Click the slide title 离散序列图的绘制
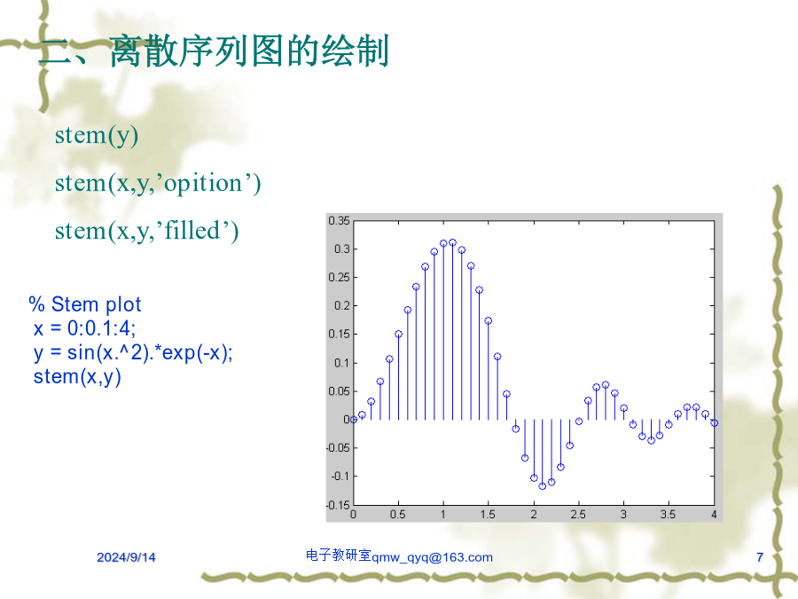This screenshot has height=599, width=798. [249, 51]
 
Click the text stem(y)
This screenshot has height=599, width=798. [97, 136]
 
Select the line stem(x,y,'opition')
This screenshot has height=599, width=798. [158, 184]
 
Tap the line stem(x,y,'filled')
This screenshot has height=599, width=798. [146, 231]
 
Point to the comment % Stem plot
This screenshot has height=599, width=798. [85, 304]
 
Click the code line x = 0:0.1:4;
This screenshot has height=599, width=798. [84, 328]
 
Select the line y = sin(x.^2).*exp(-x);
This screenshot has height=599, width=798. [133, 352]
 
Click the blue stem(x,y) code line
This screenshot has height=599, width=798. [77, 377]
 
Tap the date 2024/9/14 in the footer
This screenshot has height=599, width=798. [126, 557]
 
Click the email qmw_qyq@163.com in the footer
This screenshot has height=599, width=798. [432, 557]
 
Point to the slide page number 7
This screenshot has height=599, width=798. [760, 557]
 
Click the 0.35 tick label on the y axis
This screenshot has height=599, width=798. [339, 221]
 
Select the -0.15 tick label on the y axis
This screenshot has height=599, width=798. [338, 505]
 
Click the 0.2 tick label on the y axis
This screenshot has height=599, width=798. [342, 305]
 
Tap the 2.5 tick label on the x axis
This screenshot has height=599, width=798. [578, 515]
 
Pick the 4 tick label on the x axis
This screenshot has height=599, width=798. [714, 515]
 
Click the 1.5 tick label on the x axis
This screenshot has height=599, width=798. [488, 515]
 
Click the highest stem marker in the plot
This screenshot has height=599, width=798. [452, 242]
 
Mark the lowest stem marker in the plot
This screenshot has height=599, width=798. [543, 486]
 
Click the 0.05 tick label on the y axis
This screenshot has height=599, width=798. [339, 391]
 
